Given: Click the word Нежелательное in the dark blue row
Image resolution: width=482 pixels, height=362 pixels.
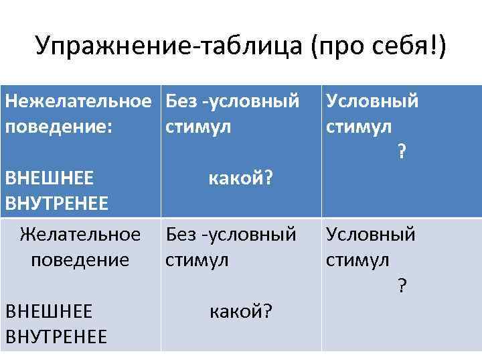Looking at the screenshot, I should point(78,102).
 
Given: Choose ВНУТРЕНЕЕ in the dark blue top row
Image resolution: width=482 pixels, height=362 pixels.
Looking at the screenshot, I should point(56,202).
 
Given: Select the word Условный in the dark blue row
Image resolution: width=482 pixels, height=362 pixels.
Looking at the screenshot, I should point(372,102).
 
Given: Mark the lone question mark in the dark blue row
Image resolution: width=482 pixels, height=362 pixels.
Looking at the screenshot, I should point(402,152).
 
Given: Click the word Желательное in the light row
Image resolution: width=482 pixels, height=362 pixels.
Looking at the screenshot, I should point(80,235).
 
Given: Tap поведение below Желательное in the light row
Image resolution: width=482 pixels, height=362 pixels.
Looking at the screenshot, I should point(80,259).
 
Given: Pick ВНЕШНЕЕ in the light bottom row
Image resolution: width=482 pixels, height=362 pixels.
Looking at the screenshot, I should point(49,311).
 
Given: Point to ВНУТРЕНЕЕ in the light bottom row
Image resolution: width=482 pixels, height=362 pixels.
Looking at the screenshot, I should point(56,336).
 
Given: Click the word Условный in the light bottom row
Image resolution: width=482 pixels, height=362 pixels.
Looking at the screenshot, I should point(371,235).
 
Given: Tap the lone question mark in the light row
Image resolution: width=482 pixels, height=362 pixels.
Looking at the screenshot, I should point(402,286).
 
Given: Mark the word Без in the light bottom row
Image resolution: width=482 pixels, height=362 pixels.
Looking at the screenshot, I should point(181,235).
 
